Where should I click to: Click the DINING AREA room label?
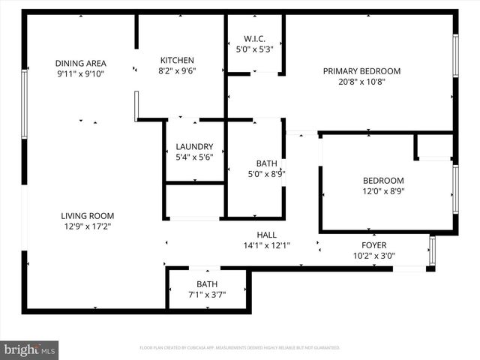80,63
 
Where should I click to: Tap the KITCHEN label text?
177,61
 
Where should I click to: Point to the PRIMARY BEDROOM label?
361,71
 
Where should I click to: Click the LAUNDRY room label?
194,147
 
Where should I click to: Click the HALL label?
267,235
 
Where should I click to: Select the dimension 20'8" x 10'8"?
361,82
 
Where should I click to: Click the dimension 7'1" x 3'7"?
206,295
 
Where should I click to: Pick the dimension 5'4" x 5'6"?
194,157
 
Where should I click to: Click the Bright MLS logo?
30,349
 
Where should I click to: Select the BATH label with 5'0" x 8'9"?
267,163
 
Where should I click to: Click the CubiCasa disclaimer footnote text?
240,348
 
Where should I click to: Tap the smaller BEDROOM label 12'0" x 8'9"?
383,181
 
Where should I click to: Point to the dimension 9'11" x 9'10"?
80,74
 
